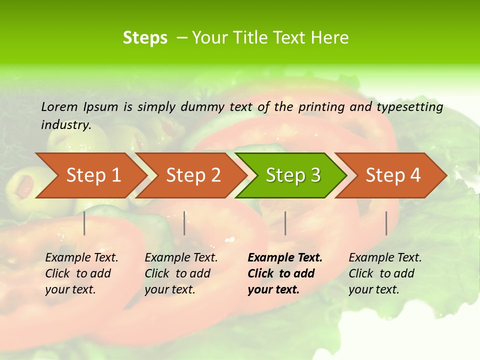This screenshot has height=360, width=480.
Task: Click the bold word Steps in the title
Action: click(145, 38)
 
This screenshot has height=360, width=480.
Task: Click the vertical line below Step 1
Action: click(84, 223)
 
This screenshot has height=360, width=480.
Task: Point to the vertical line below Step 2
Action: click(184, 223)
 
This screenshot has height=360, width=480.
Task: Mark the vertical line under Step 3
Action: click(285, 223)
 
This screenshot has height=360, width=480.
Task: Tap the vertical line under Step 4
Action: click(386, 223)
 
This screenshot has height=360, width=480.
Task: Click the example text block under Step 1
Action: click(81, 273)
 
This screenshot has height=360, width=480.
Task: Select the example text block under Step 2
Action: click(180, 273)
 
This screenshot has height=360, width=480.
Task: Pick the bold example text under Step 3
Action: click(284, 273)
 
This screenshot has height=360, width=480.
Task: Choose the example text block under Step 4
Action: click(384, 273)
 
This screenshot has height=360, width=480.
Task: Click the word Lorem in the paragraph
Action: click(59, 107)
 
